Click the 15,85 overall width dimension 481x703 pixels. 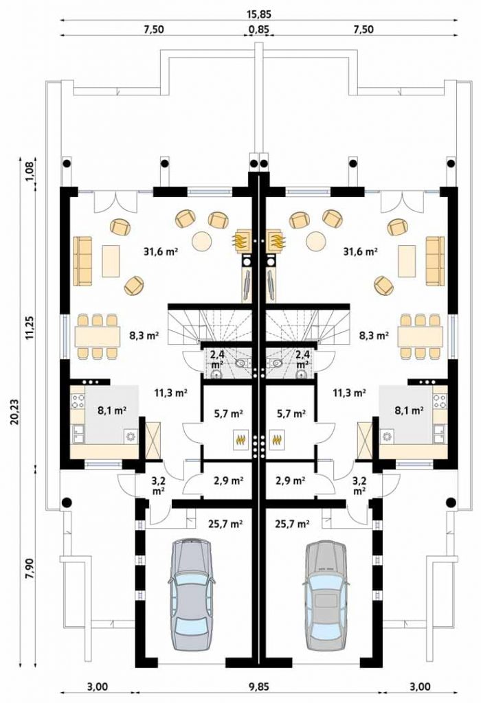259,14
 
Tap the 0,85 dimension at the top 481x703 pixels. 259,30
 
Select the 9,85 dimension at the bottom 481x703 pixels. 259,687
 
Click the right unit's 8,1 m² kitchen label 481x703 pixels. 410,410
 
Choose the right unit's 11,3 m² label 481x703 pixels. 350,393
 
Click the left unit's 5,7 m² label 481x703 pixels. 228,413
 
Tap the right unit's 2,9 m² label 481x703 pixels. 290,481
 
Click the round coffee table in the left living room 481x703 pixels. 201,241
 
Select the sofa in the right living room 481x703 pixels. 435,260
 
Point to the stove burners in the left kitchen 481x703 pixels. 78,400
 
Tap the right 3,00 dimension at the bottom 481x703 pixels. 420,687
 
